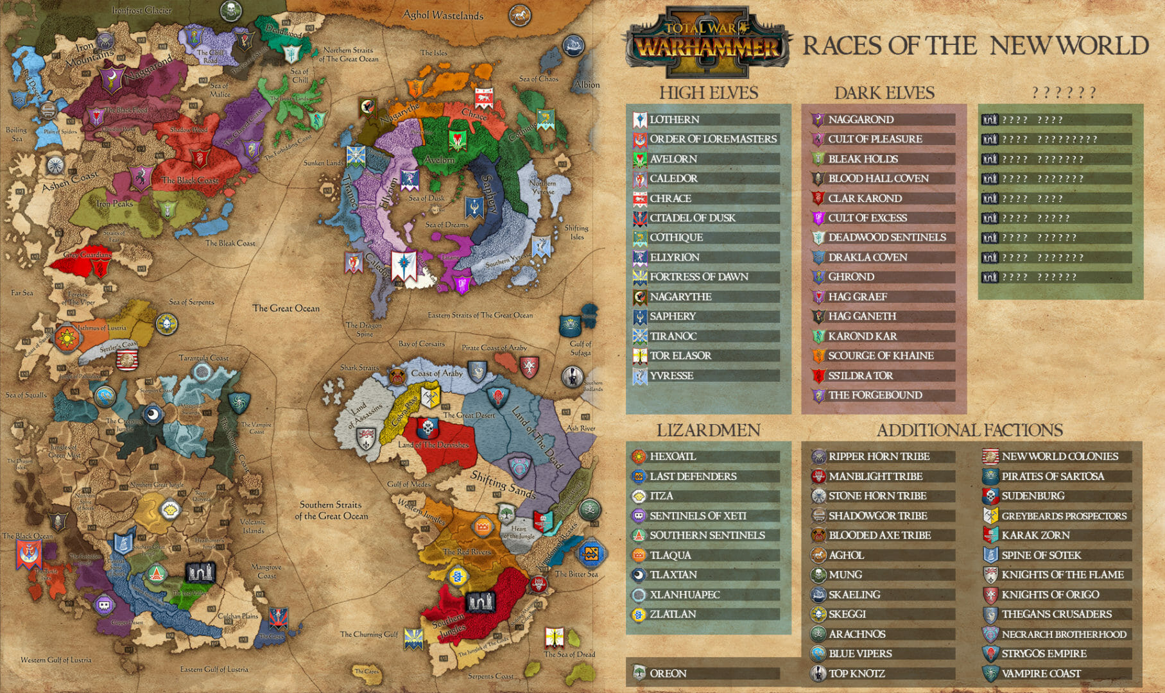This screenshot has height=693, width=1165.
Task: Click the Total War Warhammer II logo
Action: (705, 42)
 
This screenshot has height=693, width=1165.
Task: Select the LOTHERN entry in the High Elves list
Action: (674, 119)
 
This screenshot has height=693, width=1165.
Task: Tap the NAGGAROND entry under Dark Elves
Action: (860, 119)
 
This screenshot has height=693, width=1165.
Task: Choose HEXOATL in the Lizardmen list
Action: (672, 456)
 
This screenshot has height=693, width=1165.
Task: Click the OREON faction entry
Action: (668, 673)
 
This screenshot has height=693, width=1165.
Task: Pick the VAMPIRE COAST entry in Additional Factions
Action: (1040, 673)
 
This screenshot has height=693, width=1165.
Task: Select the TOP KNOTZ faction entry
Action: (856, 673)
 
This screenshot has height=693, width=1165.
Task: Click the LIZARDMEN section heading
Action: (708, 430)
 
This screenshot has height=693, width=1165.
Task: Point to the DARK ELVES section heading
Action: (884, 93)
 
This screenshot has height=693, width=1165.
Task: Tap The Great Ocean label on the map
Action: (286, 308)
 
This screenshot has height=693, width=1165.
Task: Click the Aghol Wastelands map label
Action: (443, 14)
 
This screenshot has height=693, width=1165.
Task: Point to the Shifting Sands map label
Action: (503, 484)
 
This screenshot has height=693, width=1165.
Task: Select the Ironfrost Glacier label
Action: (141, 10)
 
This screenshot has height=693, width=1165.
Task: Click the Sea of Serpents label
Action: (191, 302)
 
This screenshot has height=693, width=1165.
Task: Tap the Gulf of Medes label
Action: (409, 484)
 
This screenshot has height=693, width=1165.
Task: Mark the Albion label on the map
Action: (587, 85)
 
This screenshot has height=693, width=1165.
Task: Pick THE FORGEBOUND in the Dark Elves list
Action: (874, 395)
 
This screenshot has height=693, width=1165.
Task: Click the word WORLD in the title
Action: (1102, 46)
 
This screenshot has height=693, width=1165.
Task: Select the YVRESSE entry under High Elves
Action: (671, 375)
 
